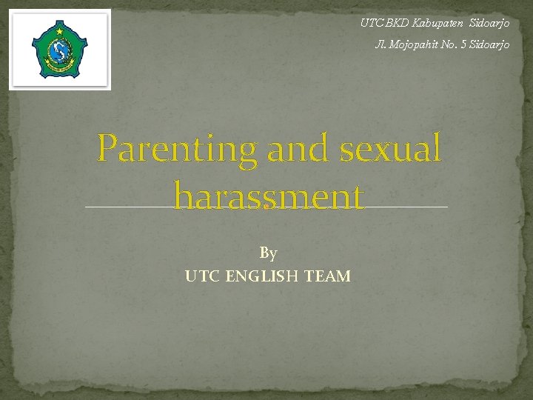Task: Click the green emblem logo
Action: pos(59,50)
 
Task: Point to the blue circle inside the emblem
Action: pos(59,51)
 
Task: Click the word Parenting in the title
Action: pos(178,149)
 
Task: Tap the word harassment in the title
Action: pos(269,197)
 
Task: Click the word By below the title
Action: pos(268,253)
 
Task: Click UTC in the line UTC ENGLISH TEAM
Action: pos(202,277)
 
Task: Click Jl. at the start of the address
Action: pos(382,45)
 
